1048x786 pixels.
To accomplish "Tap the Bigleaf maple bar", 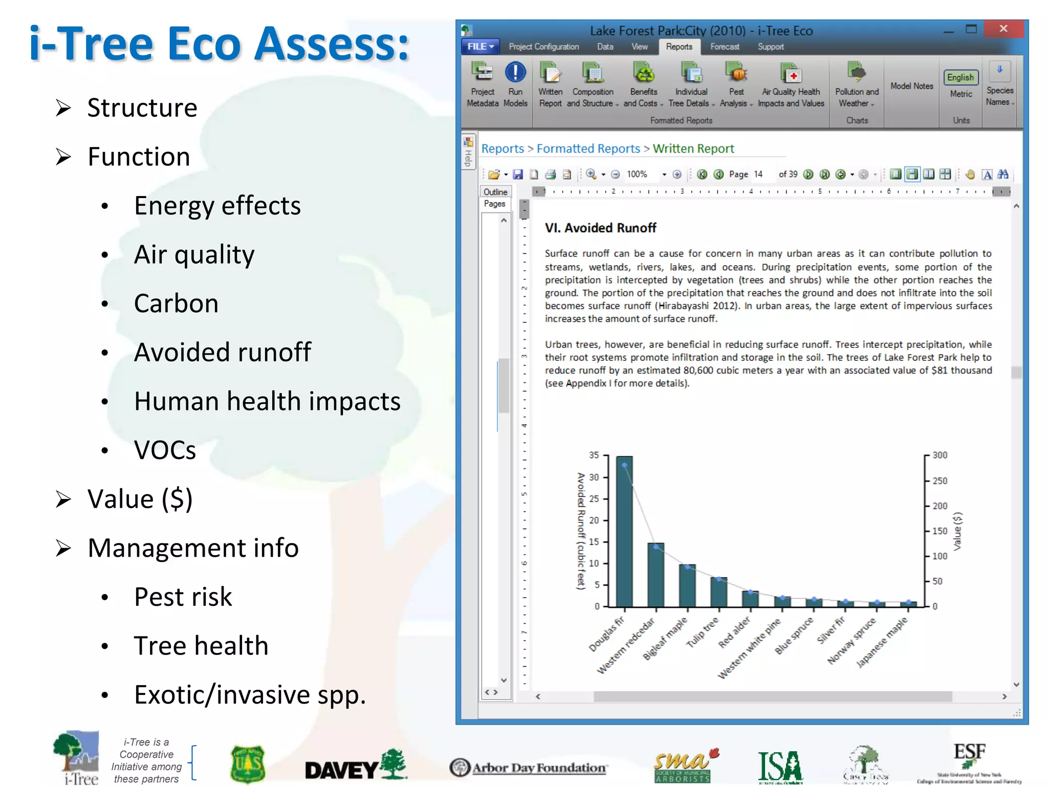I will point(687,585).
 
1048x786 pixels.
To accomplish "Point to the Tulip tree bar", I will point(718,592).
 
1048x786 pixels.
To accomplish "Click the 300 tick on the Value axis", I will point(940,455).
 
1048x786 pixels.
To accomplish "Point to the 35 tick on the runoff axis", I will point(594,455).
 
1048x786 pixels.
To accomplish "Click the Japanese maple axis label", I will point(882,642).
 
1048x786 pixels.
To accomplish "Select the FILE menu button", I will point(480,47).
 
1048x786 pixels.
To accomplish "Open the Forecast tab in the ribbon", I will point(725,47).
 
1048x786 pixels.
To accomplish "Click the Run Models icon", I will point(515,73).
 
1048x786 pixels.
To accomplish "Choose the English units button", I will point(960,77).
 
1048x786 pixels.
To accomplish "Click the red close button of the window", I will point(1003,29).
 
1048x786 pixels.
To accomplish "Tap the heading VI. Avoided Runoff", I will point(600,228).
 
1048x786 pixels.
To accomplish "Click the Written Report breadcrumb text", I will point(693,148).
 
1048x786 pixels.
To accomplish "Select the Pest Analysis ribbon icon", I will point(736,74).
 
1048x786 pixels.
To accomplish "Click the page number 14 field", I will point(758,174).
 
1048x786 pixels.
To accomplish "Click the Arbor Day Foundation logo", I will point(529,768).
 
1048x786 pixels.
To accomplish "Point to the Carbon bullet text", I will point(176,303).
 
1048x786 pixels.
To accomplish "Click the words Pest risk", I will point(183,597).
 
